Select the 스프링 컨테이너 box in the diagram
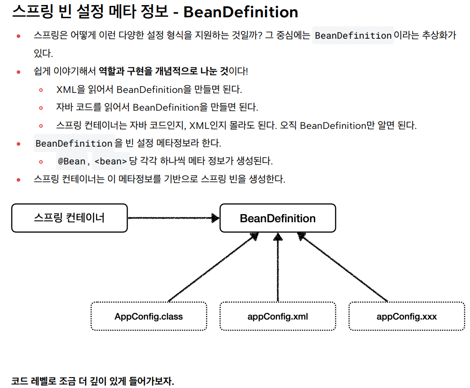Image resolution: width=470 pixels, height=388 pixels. [x=69, y=218]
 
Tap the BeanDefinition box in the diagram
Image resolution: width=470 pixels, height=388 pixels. [x=277, y=218]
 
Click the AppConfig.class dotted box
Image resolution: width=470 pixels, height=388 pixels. [x=148, y=316]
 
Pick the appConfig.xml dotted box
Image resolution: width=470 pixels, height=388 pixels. [x=277, y=316]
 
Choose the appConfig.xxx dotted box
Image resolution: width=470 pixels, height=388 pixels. [x=406, y=316]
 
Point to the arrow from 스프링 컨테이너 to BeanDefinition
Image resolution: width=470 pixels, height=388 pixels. [x=173, y=218]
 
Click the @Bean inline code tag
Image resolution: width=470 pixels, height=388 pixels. [x=72, y=161]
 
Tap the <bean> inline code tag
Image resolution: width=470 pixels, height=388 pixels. [x=110, y=161]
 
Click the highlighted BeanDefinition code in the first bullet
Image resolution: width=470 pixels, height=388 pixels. [x=353, y=36]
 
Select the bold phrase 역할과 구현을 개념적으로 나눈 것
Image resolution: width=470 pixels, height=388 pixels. [x=163, y=71]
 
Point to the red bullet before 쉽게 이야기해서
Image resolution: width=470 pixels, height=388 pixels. [x=19, y=72]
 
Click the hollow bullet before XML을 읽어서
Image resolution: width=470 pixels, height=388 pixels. [x=41, y=90]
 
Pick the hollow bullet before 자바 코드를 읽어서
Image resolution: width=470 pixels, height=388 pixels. [x=41, y=108]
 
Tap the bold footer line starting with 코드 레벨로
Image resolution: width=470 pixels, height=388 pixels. [x=93, y=381]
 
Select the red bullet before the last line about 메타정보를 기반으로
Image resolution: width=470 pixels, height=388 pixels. [x=19, y=179]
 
